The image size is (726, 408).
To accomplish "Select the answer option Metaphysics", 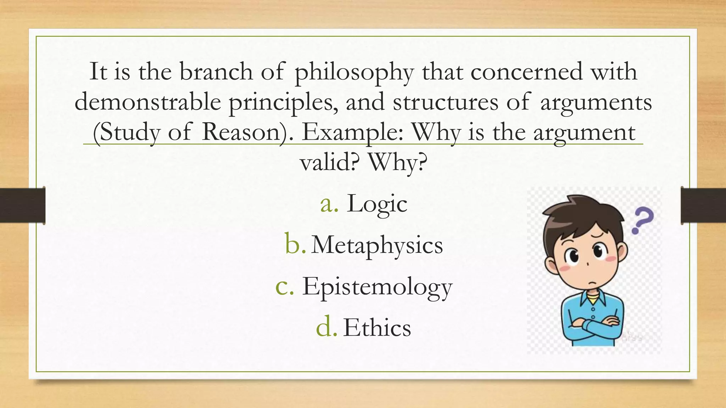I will [x=377, y=245].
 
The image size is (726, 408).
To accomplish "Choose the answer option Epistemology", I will [x=377, y=287].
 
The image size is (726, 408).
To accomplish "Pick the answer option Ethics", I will [x=377, y=328].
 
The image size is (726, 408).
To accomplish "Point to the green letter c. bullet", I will [x=285, y=287].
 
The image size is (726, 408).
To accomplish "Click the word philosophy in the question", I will [x=354, y=72].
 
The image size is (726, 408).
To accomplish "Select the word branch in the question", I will [x=216, y=72].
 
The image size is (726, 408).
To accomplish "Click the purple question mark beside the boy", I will [x=643, y=220].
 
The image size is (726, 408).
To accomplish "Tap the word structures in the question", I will [x=445, y=102].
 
